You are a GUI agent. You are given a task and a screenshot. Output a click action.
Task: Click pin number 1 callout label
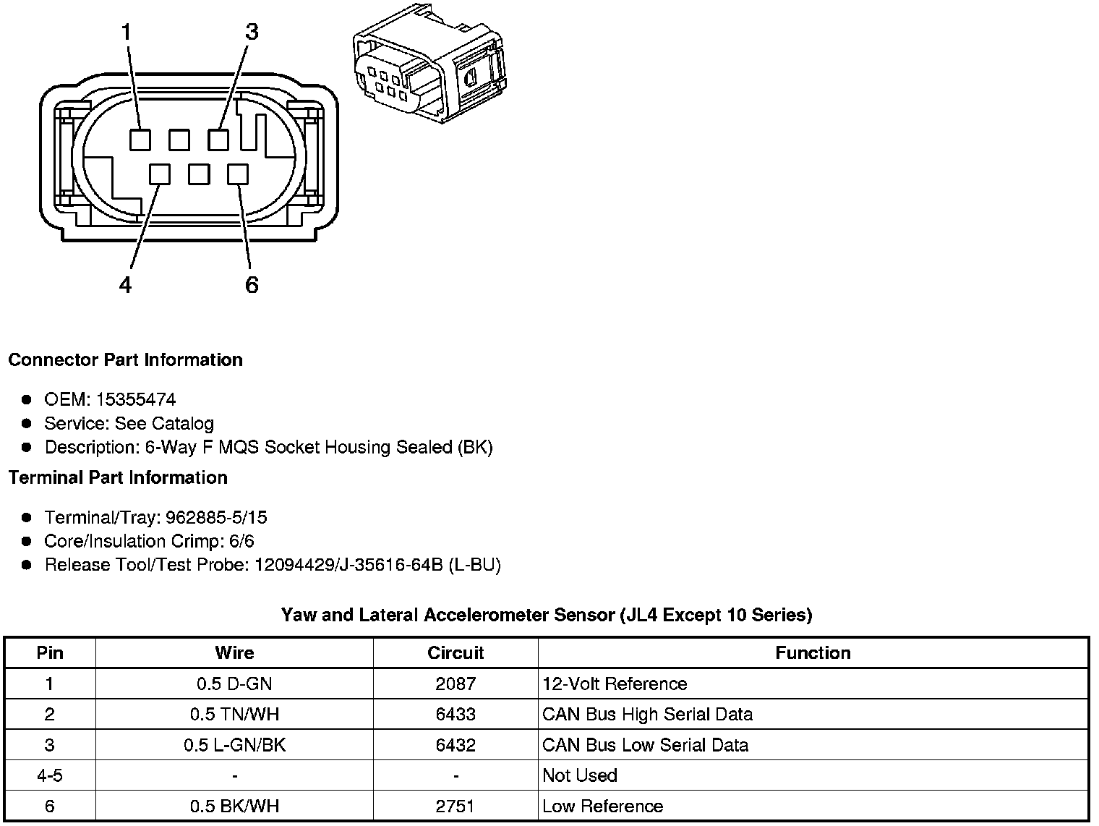127,33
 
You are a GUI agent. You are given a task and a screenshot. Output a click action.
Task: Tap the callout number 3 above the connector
252,33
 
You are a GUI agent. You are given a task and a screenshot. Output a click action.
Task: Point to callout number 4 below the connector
126,285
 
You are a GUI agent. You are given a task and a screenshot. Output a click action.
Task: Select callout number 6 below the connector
252,285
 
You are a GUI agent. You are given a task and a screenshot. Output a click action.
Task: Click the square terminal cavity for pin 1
140,140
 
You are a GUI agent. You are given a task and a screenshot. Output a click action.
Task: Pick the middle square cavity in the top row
179,140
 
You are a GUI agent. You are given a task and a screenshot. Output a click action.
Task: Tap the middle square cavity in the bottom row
199,174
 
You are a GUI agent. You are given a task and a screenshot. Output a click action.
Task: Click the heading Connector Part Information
125,360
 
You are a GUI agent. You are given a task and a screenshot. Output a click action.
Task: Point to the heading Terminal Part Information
118,478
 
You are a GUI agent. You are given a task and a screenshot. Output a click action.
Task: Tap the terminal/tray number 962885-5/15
216,517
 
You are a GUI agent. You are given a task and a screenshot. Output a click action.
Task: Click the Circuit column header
456,653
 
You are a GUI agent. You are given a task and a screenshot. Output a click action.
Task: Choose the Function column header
813,653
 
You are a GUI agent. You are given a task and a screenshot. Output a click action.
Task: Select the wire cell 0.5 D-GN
234,684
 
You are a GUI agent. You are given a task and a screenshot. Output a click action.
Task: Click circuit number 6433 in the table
456,715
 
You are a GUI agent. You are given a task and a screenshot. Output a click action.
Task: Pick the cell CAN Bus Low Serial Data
646,745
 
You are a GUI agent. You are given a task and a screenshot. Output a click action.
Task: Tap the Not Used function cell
580,775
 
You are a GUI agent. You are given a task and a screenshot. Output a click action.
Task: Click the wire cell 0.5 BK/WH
234,806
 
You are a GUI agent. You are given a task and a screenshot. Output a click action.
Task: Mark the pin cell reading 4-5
50,775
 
